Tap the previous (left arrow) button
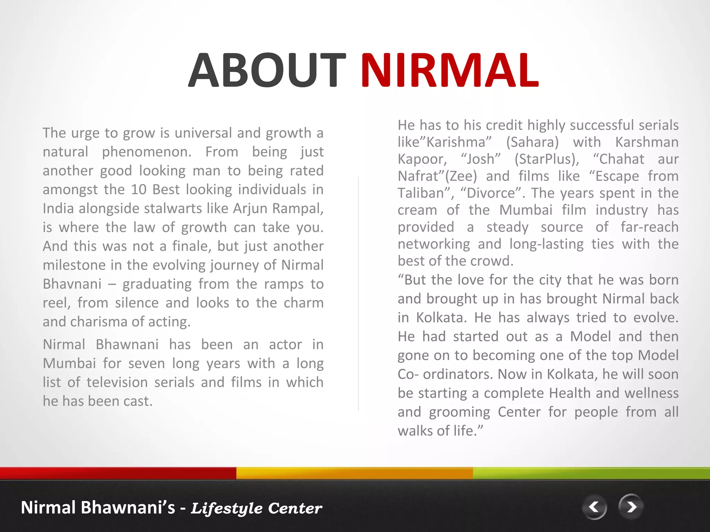[x=595, y=507]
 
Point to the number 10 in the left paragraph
[x=139, y=189]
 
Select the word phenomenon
[x=146, y=152]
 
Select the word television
[x=117, y=382]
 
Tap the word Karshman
[x=647, y=142]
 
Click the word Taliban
[x=423, y=193]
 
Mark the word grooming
[x=459, y=413]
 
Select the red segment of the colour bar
[x=118, y=473]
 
